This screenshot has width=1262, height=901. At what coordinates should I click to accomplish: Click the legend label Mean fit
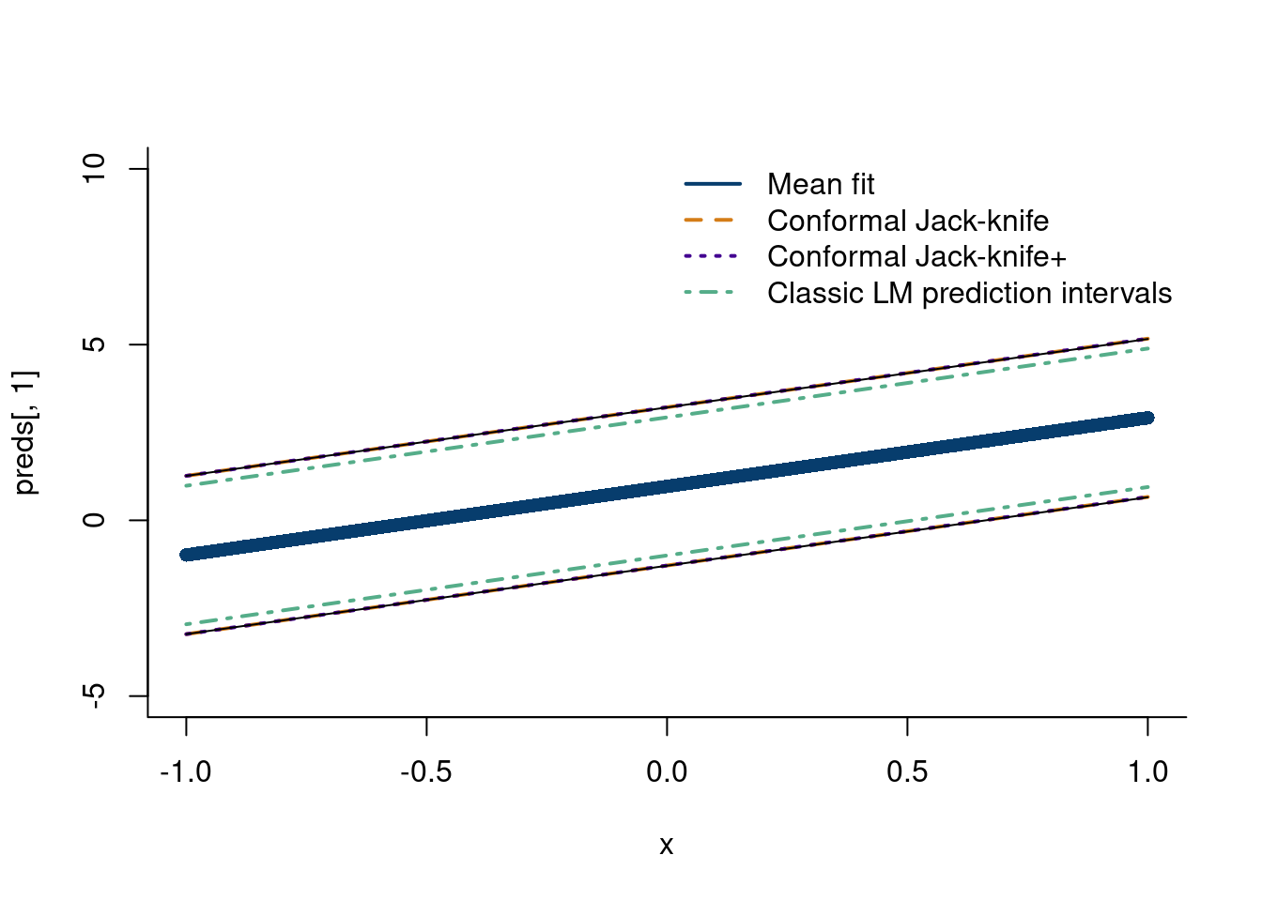coord(820,185)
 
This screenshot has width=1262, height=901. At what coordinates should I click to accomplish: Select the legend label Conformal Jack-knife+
coord(916,257)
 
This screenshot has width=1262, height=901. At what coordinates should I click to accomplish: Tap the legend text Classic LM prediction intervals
coord(969,294)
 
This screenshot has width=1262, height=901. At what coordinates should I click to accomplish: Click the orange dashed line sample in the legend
coord(713,221)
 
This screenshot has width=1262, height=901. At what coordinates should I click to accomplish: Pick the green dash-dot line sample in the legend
coord(713,293)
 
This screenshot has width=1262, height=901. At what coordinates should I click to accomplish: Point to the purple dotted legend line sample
coord(713,256)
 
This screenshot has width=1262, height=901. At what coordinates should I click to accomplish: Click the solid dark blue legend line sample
coord(713,184)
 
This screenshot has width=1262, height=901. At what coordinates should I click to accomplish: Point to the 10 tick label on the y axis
coord(94,169)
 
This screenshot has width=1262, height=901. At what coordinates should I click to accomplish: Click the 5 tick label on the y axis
coord(94,344)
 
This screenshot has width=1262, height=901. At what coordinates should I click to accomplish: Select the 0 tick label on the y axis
coord(94,520)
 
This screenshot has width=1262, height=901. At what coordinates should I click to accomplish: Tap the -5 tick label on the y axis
coord(94,695)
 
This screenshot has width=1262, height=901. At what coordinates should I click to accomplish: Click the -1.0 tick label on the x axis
coord(186,772)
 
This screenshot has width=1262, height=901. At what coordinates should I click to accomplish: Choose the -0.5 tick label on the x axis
coord(426,772)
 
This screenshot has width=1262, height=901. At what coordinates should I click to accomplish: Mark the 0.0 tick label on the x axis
coord(667,772)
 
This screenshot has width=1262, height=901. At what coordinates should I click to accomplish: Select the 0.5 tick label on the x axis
coord(907,772)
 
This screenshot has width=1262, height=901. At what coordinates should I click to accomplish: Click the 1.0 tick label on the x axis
coord(1147,772)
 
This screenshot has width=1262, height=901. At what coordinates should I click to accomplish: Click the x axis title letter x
coord(667,846)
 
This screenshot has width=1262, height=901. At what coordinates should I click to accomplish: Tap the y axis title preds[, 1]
coord(26,433)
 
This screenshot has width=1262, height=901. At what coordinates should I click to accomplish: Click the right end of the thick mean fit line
coord(1147,418)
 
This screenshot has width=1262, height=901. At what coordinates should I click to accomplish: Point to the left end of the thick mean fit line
coord(187,555)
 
